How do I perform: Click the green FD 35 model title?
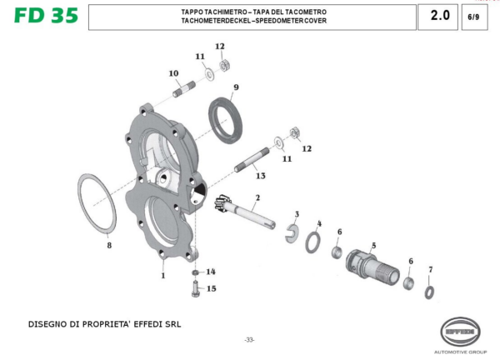coord(45,16)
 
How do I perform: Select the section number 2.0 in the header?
coord(439,16)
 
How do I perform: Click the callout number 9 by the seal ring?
coord(236,87)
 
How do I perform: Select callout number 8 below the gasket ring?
coord(107,245)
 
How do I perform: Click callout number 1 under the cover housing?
coord(163,274)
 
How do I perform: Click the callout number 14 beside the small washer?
coord(211,272)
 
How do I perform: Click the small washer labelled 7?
coord(428,291)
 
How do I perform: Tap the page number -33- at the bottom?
coord(249,339)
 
